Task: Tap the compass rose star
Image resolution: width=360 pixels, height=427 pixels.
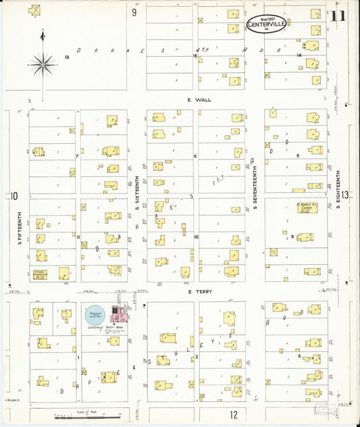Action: click(43, 64)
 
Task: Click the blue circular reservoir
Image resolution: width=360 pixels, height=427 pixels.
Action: click(95, 313)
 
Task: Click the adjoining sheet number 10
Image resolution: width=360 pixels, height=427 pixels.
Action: click(13, 196)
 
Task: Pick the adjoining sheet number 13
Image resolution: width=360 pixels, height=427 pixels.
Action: click(346, 195)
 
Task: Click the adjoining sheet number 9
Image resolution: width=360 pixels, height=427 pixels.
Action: click(134, 11)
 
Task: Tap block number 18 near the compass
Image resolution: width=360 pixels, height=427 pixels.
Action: click(67, 57)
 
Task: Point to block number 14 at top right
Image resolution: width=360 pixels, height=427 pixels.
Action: click(297, 55)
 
